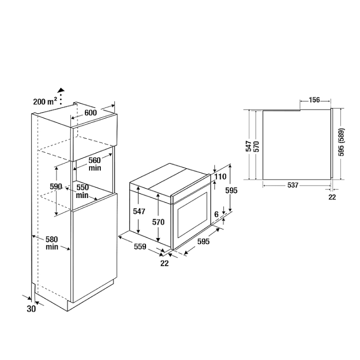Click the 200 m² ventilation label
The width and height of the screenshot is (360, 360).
coord(45,101)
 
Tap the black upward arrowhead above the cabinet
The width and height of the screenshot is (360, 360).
coord(61,90)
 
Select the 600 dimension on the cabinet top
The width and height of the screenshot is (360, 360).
coord(91,113)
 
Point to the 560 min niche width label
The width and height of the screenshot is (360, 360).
coord(95,164)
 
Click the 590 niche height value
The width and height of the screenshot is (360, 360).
coord(56,186)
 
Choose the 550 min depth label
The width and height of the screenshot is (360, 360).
coord(82,191)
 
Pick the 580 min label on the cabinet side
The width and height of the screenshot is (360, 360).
coord(51,243)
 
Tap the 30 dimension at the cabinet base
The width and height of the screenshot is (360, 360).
coord(31,309)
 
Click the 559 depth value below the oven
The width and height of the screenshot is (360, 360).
coord(140,246)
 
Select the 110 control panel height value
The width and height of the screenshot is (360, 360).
coord(221,176)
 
